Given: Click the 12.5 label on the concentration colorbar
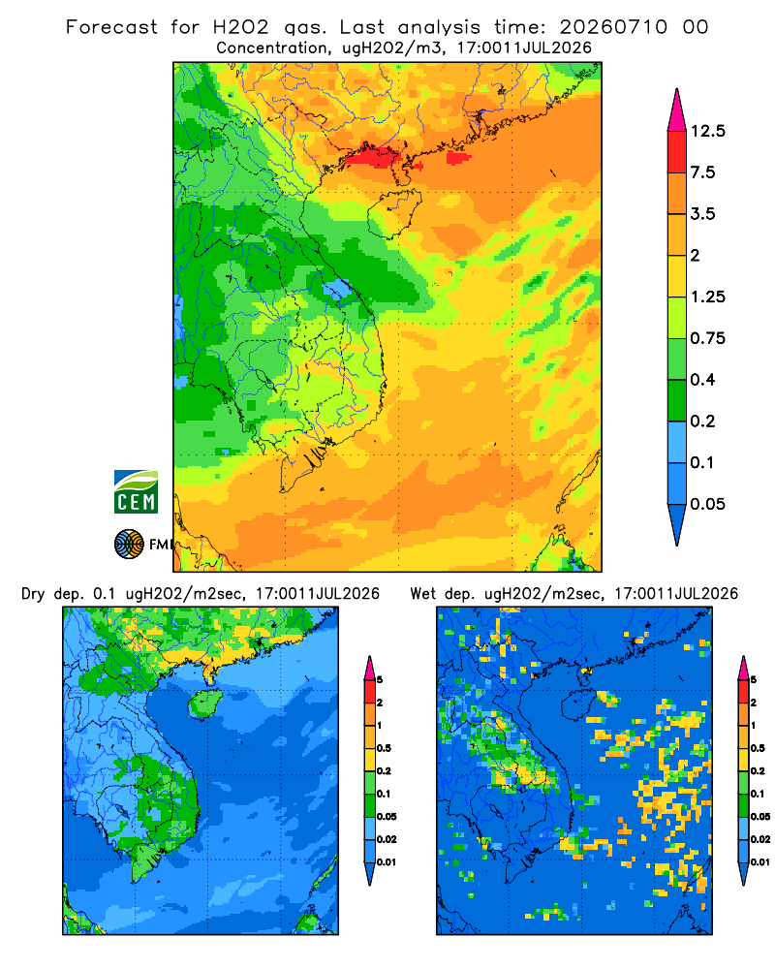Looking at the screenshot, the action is tap(707, 131).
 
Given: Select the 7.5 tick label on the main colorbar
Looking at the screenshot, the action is tap(702, 172).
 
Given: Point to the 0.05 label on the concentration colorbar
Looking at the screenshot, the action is tap(707, 504).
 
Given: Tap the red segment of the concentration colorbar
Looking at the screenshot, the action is tap(677, 152).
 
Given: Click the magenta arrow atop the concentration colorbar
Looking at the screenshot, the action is tap(677, 111).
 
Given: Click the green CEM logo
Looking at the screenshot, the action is tap(136, 492).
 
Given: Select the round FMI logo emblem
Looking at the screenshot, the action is tap(129, 545).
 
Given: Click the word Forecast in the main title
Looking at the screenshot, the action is tap(111, 27).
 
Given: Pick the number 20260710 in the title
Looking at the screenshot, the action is tap(613, 27).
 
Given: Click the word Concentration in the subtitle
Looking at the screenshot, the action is tap(272, 48).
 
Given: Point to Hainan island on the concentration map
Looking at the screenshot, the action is tap(395, 213).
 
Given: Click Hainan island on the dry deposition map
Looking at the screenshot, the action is tap(206, 704).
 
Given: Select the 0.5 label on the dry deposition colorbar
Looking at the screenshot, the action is tap(384, 748).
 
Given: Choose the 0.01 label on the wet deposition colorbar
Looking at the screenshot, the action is tap(760, 862).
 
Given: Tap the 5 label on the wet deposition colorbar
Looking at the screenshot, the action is tap(754, 680).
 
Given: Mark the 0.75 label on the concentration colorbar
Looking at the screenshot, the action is tap(707, 338).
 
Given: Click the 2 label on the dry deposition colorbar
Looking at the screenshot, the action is tap(380, 703).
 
